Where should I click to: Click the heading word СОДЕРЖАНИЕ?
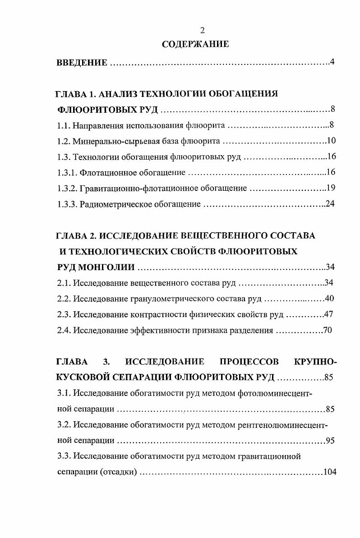point(195,44)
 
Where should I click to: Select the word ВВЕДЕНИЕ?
point(82,62)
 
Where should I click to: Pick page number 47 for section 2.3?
point(328,314)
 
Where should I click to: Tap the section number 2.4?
point(64,330)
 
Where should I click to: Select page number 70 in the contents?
point(328,330)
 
